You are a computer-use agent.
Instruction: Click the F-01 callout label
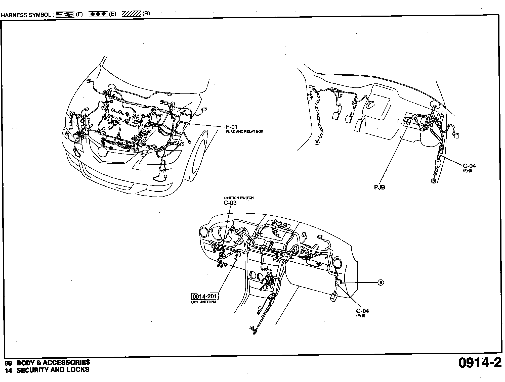(x=231, y=127)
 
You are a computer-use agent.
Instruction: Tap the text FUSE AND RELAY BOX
(x=244, y=131)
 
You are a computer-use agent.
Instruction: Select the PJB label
(x=379, y=187)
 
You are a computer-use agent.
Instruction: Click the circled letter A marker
(x=317, y=142)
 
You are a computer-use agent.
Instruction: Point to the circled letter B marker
(x=433, y=180)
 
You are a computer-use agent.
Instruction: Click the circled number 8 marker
(x=381, y=283)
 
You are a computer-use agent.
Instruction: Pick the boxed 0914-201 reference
(x=205, y=296)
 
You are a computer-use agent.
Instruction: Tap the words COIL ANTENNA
(x=204, y=302)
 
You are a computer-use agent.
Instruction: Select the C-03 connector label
(x=230, y=203)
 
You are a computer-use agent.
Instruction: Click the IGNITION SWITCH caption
(x=238, y=198)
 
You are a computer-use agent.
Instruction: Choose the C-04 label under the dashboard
(x=362, y=311)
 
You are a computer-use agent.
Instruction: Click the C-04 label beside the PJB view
(x=469, y=166)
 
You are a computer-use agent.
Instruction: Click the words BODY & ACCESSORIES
(x=53, y=362)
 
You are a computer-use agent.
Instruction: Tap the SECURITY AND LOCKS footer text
(x=53, y=370)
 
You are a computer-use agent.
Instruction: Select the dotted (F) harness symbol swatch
(x=65, y=14)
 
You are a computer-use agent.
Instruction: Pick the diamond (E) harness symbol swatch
(x=98, y=14)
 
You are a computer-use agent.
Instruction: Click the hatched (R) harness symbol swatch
(x=131, y=14)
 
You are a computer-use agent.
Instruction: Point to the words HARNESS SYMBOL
(x=26, y=15)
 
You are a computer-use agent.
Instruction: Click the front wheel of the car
(x=199, y=156)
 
